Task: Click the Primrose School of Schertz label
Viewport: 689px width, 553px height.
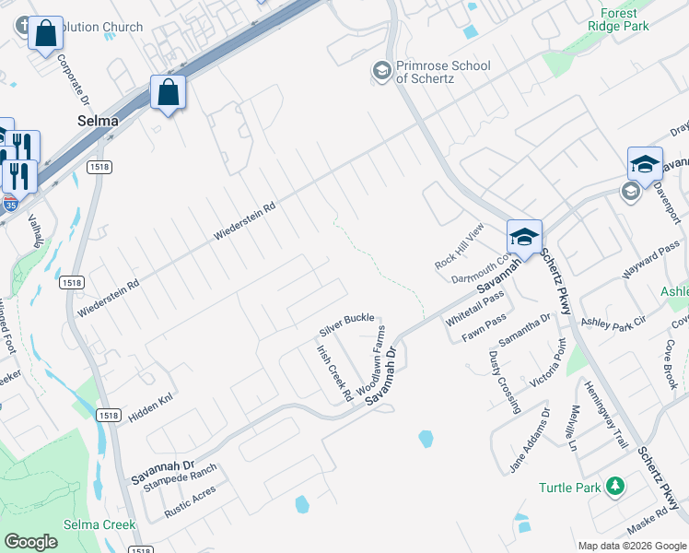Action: click(442, 72)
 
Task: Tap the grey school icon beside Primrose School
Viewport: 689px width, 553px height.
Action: click(380, 70)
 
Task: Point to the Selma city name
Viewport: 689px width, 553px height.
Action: click(97, 121)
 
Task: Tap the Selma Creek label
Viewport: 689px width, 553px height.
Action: click(99, 524)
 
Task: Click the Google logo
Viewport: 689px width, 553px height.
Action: click(30, 542)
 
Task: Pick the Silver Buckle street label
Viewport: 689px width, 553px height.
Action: click(346, 324)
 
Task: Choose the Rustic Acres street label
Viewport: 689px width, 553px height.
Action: click(190, 501)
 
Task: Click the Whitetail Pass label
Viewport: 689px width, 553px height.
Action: click(475, 309)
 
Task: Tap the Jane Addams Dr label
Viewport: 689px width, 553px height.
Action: click(530, 441)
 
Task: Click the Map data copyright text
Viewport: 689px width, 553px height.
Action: click(632, 546)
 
